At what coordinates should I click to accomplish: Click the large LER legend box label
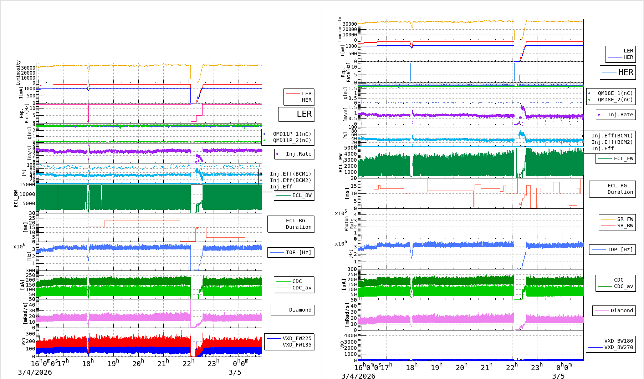304,114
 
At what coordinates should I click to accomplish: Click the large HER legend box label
625,72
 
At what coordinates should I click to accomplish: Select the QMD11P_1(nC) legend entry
292,134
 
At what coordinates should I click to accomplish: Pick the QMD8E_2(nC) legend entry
615,100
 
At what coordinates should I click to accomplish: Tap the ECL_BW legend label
302,195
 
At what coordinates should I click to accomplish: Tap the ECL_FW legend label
623,158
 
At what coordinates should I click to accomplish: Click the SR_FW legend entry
625,219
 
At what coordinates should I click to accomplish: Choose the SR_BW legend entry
625,226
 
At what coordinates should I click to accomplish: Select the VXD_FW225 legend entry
297,338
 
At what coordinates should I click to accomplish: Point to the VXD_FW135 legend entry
297,345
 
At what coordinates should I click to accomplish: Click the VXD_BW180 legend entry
618,341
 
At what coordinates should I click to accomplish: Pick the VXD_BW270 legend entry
618,347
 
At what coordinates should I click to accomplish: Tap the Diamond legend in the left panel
300,310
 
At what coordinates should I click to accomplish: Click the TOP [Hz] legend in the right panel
620,249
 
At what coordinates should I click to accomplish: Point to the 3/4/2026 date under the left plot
35,372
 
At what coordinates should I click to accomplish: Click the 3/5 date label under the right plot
558,376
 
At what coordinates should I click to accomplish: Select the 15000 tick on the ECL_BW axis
27,185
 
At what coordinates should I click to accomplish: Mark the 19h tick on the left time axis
113,363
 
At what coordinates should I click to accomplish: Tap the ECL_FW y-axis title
341,163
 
